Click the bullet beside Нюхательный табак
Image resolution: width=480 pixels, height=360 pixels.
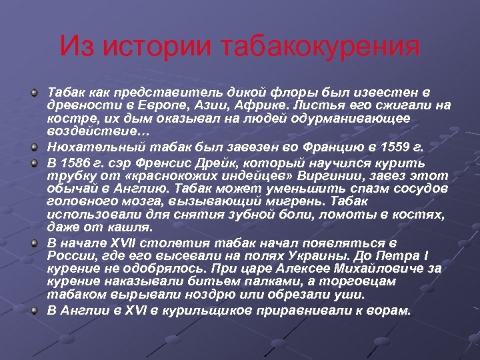pyautogui.click(x=33, y=145)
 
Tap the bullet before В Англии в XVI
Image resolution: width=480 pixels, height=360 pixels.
pyautogui.click(x=33, y=311)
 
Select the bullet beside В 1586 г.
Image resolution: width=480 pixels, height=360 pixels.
pyautogui.click(x=33, y=162)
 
